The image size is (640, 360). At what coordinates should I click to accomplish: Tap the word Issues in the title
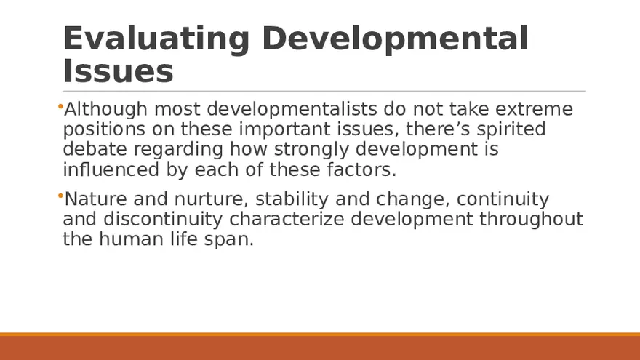[x=118, y=72]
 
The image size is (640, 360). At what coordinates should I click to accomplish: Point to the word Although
[x=106, y=110]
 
